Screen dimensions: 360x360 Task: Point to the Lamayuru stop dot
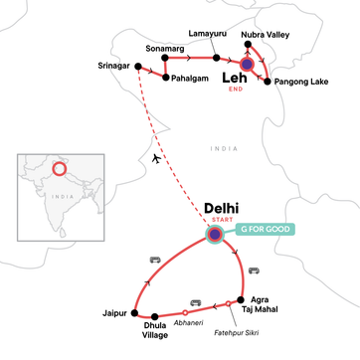tap(216, 59)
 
